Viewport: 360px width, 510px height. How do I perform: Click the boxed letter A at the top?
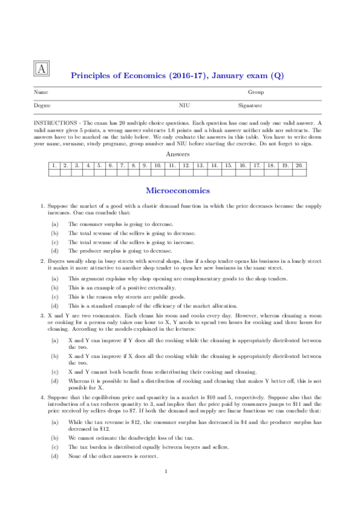point(41,69)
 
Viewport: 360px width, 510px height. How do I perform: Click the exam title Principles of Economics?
point(177,76)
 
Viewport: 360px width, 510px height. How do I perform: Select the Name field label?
point(41,93)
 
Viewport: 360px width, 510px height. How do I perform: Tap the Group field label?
point(256,93)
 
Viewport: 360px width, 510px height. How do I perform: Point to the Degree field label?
point(42,105)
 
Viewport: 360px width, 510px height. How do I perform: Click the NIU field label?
point(185,105)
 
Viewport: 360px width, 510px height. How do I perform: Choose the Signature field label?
point(250,105)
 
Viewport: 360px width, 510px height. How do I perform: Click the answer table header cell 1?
point(54,165)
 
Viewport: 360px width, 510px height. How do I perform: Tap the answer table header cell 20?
point(299,165)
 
